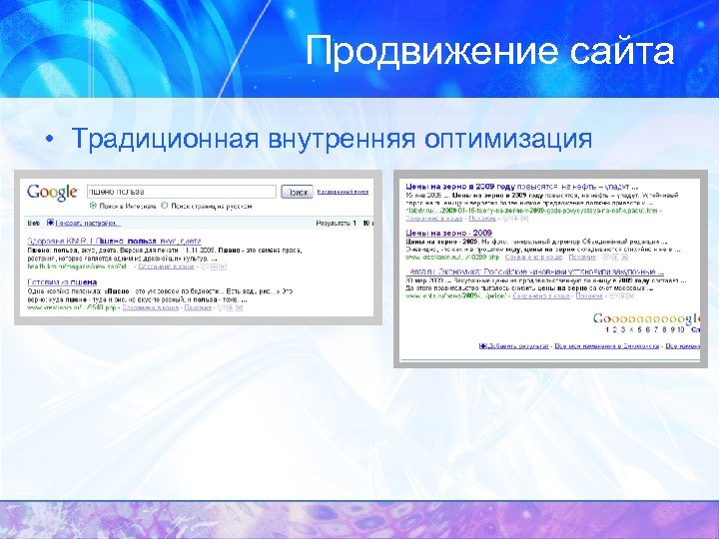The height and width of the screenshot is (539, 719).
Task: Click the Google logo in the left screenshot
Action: (x=54, y=192)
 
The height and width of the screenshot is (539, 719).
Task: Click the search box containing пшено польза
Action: (x=183, y=192)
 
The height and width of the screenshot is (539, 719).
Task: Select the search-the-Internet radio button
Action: (x=92, y=205)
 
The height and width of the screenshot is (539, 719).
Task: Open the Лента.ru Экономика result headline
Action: (x=534, y=270)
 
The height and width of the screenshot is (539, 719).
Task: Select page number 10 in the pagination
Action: (x=680, y=328)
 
